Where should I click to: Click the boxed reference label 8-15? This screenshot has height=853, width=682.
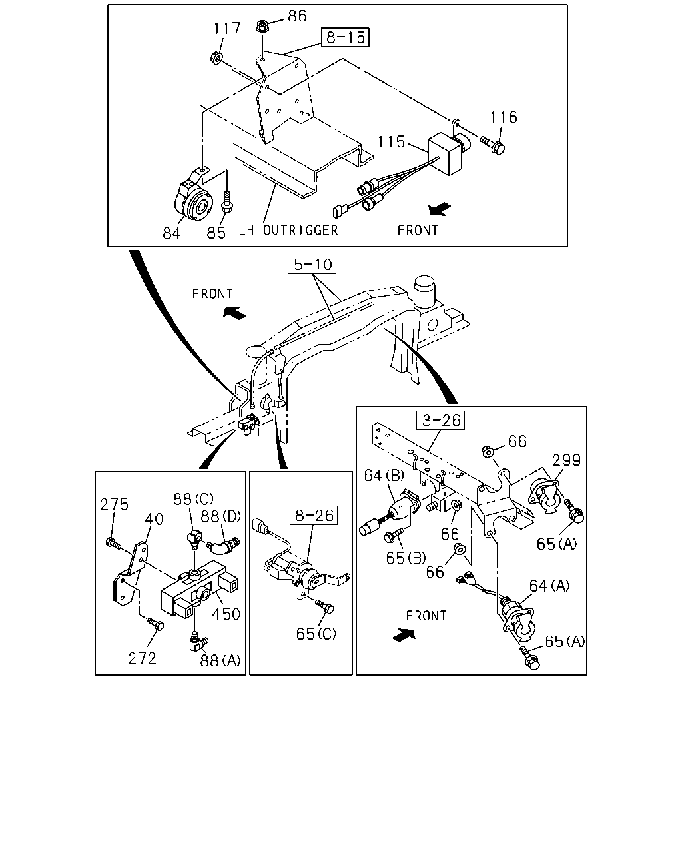point(345,37)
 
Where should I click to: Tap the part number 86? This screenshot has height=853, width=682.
point(297,16)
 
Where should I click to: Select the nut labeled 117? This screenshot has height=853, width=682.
point(216,58)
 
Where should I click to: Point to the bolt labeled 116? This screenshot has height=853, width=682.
point(493,145)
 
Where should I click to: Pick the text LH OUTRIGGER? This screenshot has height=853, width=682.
point(288,231)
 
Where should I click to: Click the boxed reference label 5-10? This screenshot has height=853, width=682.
point(312,265)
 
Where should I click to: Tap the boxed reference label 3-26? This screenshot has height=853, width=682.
point(440,420)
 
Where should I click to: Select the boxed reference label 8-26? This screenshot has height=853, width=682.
point(314,515)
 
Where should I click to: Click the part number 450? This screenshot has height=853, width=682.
point(226,614)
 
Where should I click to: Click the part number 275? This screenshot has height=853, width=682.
point(114,504)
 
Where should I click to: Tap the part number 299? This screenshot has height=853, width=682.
point(567,460)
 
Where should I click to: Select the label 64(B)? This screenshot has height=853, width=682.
point(384,475)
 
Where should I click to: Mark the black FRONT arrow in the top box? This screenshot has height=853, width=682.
point(440,209)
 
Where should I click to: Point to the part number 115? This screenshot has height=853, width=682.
point(391,141)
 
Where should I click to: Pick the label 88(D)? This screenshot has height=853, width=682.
point(220,516)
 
